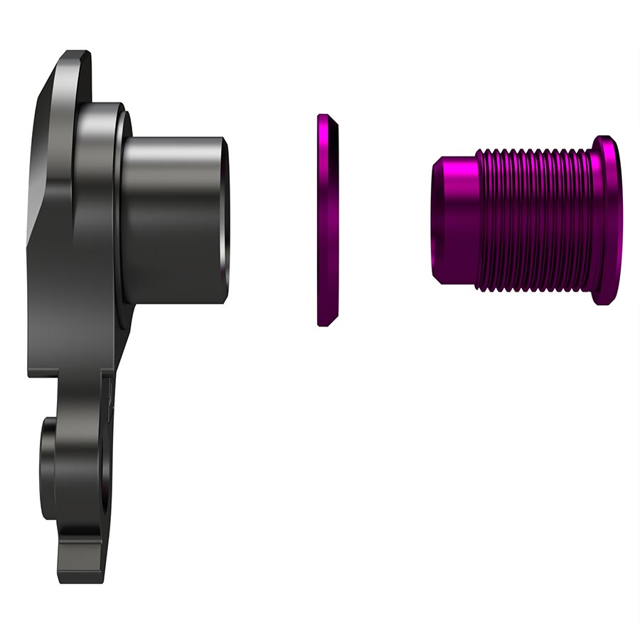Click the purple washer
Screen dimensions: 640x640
(x=328, y=220)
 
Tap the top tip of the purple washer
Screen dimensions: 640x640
(x=324, y=116)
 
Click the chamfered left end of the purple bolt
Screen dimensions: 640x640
(x=436, y=220)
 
